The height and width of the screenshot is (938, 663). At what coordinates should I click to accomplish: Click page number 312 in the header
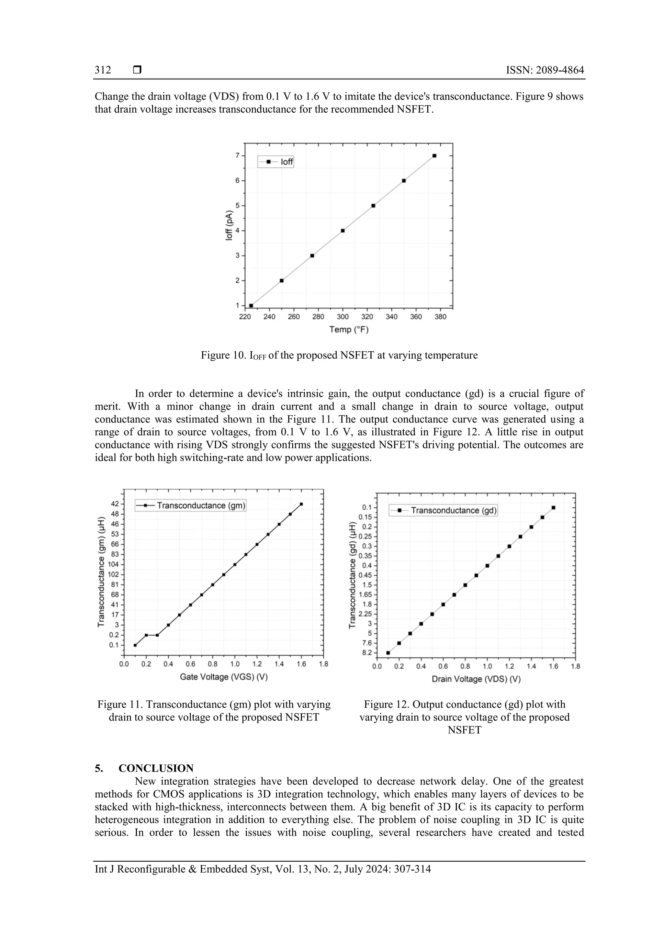coord(103,70)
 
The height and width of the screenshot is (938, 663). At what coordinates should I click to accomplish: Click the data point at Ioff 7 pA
coord(434,156)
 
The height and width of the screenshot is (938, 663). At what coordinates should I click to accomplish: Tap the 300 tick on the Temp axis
coord(342,317)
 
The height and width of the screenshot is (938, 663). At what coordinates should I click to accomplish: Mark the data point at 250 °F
coord(281,281)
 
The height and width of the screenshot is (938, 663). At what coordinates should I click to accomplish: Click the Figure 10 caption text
coord(339,355)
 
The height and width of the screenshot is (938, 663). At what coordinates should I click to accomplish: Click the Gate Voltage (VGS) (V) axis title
coord(223,677)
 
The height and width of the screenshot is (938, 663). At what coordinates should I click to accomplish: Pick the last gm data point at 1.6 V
coord(301,504)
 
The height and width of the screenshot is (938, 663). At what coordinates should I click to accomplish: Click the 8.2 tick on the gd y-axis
coord(367,652)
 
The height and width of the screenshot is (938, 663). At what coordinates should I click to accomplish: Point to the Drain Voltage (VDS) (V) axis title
coord(476,679)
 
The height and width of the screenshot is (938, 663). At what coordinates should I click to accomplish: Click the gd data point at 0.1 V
coord(388,652)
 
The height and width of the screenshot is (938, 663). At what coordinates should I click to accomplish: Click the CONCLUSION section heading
coord(156,768)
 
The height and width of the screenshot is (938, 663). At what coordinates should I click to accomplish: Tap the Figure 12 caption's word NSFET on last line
coord(465,730)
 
